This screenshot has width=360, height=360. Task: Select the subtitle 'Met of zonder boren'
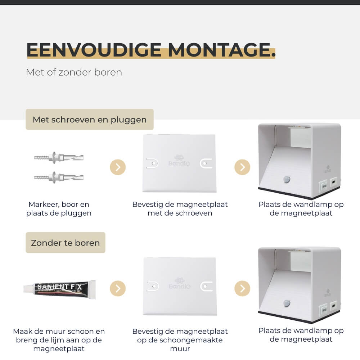74,72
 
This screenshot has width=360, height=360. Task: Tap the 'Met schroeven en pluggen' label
90,120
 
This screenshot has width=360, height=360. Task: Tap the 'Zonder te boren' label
65,243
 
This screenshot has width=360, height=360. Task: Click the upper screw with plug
59,157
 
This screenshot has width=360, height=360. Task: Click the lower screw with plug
59,177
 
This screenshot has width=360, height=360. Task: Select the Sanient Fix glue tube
59,288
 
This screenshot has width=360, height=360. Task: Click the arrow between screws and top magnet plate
118,167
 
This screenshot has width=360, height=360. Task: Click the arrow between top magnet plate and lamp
242,167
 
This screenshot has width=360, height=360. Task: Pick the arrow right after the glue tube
118,288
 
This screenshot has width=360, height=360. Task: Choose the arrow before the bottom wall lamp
242,288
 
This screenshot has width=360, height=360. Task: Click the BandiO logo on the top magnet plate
180,160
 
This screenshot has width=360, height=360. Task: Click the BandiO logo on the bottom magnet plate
180,283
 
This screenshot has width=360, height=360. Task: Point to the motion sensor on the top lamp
287,179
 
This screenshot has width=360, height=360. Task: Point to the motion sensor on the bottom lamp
287,303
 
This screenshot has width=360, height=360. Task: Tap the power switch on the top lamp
323,186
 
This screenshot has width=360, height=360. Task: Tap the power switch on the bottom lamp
323,309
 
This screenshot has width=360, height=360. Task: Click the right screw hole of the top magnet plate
205,163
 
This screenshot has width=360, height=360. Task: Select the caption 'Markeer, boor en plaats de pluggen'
59,209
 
